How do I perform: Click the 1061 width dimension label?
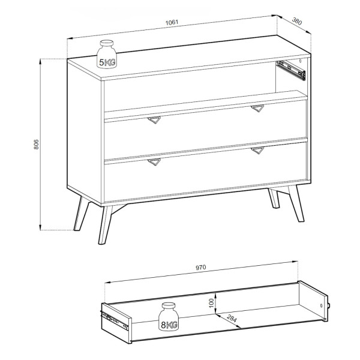pyautogui.click(x=172, y=22)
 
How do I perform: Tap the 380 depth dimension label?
pyautogui.click(x=297, y=21)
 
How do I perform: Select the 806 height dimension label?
pyautogui.click(x=36, y=145)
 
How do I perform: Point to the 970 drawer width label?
pyautogui.click(x=201, y=268)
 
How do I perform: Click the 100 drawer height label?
pyautogui.click(x=212, y=303)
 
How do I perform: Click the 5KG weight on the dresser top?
pyautogui.click(x=107, y=54)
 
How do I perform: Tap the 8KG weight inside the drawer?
pyautogui.click(x=169, y=317)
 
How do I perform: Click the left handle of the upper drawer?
pyautogui.click(x=154, y=120)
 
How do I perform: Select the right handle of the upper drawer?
pyautogui.click(x=257, y=109)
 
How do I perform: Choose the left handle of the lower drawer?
pyautogui.click(x=154, y=161)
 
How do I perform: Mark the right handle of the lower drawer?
pyautogui.click(x=257, y=151)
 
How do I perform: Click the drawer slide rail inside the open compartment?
pyautogui.click(x=291, y=70)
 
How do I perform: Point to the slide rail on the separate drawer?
pyautogui.click(x=114, y=320)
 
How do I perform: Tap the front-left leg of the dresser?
pyautogui.click(x=104, y=225)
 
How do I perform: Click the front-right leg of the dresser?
pyautogui.click(x=296, y=203)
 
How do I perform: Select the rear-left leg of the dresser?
pyautogui.click(x=81, y=213)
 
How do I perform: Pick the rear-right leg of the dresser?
pyautogui.click(x=274, y=199)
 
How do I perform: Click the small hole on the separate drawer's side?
pyautogui.click(x=321, y=305)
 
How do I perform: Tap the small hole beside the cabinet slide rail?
pyautogui.click(x=300, y=61)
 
